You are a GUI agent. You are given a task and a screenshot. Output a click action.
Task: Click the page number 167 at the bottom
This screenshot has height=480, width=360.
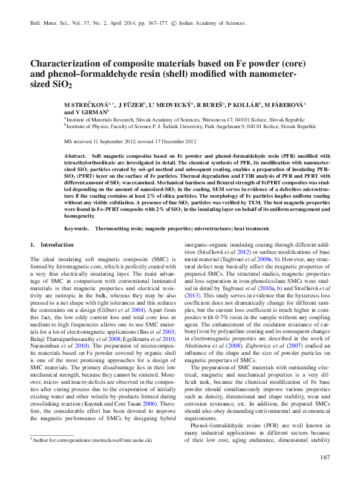click(324, 457)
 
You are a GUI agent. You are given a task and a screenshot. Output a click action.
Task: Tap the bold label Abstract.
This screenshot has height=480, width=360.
click(74, 156)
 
